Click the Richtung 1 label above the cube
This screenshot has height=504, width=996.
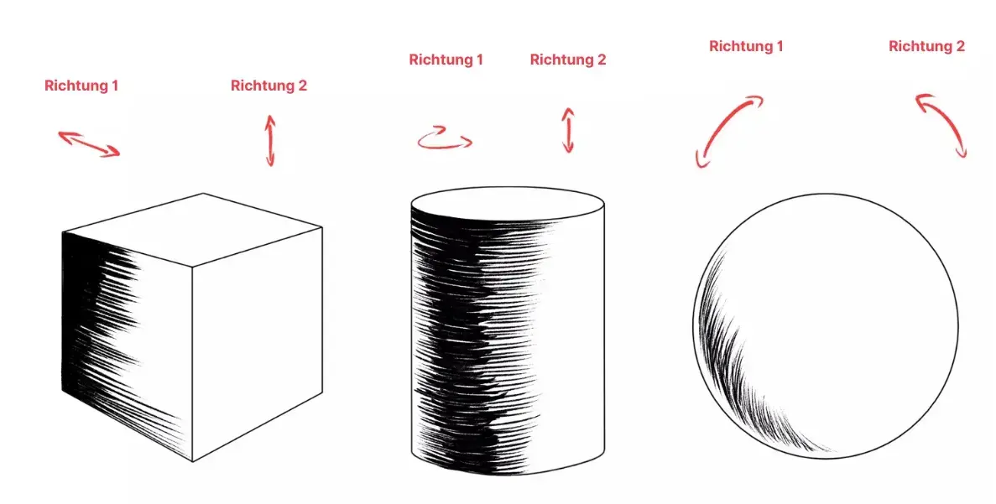click(x=81, y=86)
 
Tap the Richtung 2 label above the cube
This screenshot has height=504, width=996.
click(x=269, y=86)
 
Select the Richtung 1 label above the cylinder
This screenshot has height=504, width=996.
click(x=446, y=60)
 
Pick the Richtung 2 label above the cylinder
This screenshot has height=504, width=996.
click(x=568, y=60)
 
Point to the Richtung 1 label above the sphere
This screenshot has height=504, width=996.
click(x=746, y=46)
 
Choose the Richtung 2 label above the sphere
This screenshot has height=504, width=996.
click(x=926, y=46)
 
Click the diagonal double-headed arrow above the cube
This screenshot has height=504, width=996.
click(x=89, y=143)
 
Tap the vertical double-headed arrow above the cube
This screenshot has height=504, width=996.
click(x=270, y=140)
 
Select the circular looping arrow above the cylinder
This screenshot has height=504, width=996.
click(x=446, y=138)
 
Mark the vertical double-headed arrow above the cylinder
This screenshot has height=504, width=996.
click(x=568, y=130)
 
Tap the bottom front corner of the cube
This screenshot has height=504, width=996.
click(x=192, y=461)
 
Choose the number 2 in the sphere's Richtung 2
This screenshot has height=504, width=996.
click(x=960, y=46)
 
